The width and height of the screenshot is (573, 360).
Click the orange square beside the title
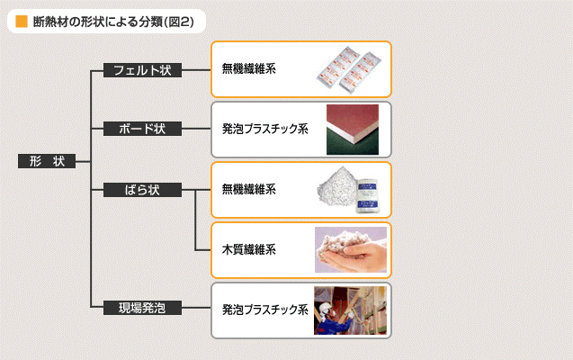pos(22,22)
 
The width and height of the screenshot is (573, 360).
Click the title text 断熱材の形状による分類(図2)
pos(113,22)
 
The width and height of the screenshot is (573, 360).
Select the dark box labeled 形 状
pos(47,161)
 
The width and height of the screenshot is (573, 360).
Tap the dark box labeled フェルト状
pos(142,70)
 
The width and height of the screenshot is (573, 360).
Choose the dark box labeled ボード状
pos(142,129)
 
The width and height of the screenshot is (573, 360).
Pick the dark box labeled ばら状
pos(142,190)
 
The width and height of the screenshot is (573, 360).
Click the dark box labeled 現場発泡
pos(142,308)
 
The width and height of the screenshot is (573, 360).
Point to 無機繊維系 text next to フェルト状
pos(249,68)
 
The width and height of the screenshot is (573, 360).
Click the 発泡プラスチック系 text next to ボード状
pos(265,129)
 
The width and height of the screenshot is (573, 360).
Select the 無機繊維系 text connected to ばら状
pos(249,189)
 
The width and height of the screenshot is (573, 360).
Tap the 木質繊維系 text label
pos(249,249)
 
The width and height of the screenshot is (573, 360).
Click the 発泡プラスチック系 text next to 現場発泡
pos(265,310)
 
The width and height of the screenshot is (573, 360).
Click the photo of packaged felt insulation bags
pos(349,68)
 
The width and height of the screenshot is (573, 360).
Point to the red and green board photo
pos(353,130)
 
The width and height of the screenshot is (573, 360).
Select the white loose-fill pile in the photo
pos(336,187)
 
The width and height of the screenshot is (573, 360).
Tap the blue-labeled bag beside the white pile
pos(367,195)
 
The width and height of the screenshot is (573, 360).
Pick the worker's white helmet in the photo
pos(326,307)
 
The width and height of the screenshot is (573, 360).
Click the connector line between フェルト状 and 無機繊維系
pos(196,70)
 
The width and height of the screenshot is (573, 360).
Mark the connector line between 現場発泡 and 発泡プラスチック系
pos(196,308)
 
